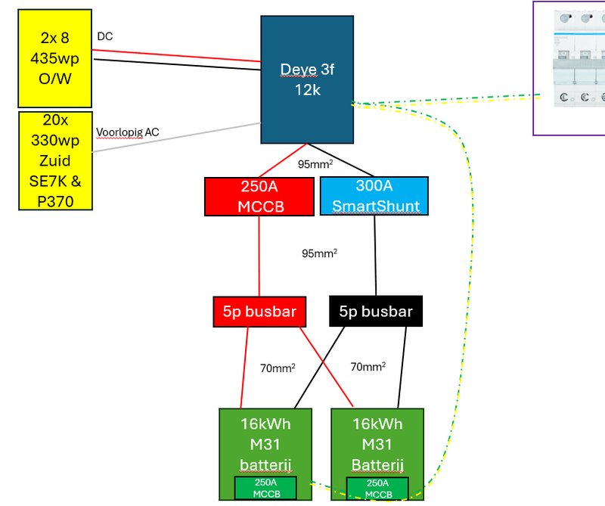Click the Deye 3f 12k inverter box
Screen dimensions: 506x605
(307, 79)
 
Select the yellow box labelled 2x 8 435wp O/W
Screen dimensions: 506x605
(55, 58)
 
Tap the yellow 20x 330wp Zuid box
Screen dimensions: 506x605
(55, 160)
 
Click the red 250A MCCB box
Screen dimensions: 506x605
(259, 196)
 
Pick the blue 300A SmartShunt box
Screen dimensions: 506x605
(374, 196)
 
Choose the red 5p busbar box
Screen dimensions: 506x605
(259, 311)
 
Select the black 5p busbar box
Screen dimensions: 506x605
(376, 311)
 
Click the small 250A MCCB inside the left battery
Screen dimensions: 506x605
(265, 489)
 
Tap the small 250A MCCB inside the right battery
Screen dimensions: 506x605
(377, 489)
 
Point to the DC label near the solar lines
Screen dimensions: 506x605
(104, 36)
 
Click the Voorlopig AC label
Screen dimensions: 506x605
(127, 132)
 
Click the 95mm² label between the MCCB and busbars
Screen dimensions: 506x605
(319, 253)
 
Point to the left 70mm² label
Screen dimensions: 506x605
(278, 368)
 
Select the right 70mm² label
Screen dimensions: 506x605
(368, 367)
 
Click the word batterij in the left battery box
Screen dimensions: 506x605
(265, 464)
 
